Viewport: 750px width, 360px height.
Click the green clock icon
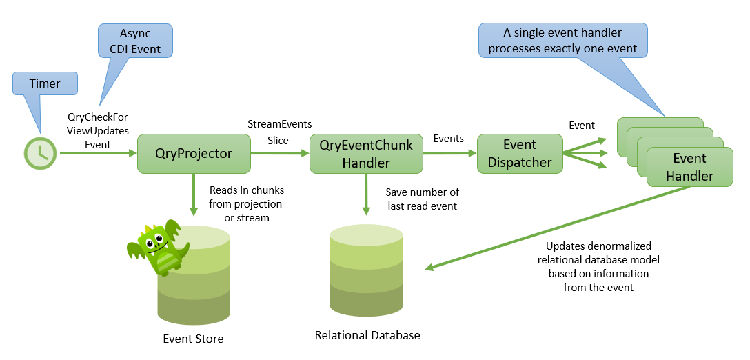41,153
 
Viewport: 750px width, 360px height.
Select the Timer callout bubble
45,83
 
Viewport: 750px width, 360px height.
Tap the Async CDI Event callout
135,41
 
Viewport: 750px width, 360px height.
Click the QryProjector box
193,153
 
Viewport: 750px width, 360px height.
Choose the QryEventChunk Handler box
365,154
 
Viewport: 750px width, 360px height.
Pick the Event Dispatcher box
520,153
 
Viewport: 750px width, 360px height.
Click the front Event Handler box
689,167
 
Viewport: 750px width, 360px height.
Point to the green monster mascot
158,247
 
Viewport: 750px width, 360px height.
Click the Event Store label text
193,339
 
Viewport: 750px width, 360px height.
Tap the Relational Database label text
367,335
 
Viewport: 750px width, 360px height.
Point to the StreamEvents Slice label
279,132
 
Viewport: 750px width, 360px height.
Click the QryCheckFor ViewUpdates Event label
97,130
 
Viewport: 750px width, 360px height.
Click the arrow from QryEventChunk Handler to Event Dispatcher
450,153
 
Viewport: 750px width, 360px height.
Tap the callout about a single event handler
562,41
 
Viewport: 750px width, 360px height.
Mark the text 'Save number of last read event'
422,199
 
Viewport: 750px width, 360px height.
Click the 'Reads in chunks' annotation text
247,203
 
